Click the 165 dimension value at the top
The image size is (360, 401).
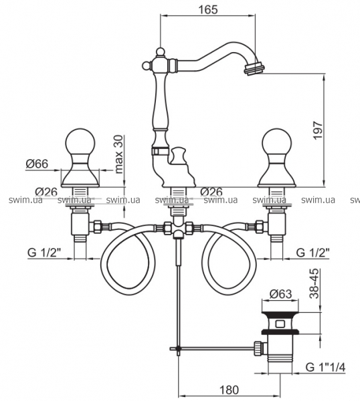207,10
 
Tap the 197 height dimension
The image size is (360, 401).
318,130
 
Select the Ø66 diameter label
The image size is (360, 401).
37,164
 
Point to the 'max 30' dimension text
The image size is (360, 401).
119,154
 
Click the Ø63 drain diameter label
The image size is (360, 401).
281,294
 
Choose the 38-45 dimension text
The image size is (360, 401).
314,283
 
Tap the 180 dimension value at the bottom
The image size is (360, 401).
229,390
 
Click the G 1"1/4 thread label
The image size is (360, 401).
325,368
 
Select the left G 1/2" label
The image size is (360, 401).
44,253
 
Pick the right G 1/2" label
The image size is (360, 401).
312,253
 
